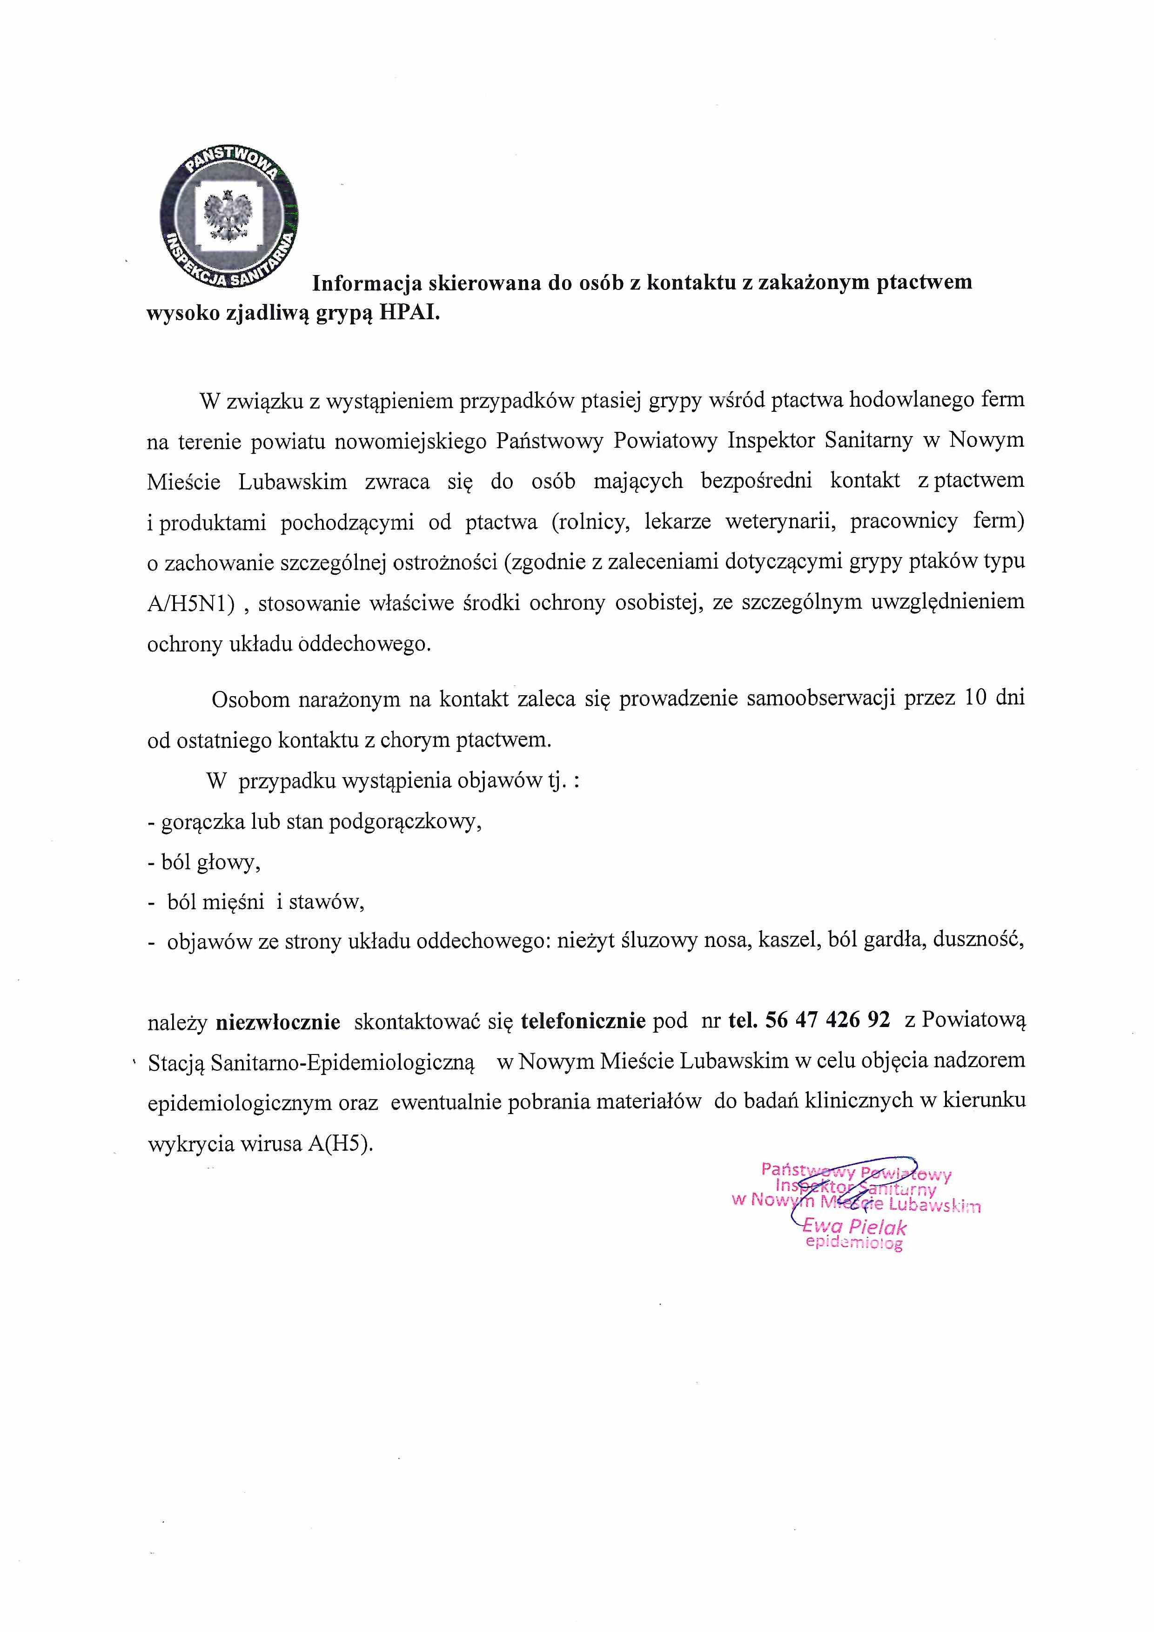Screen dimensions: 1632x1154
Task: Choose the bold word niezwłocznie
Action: click(278, 1022)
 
